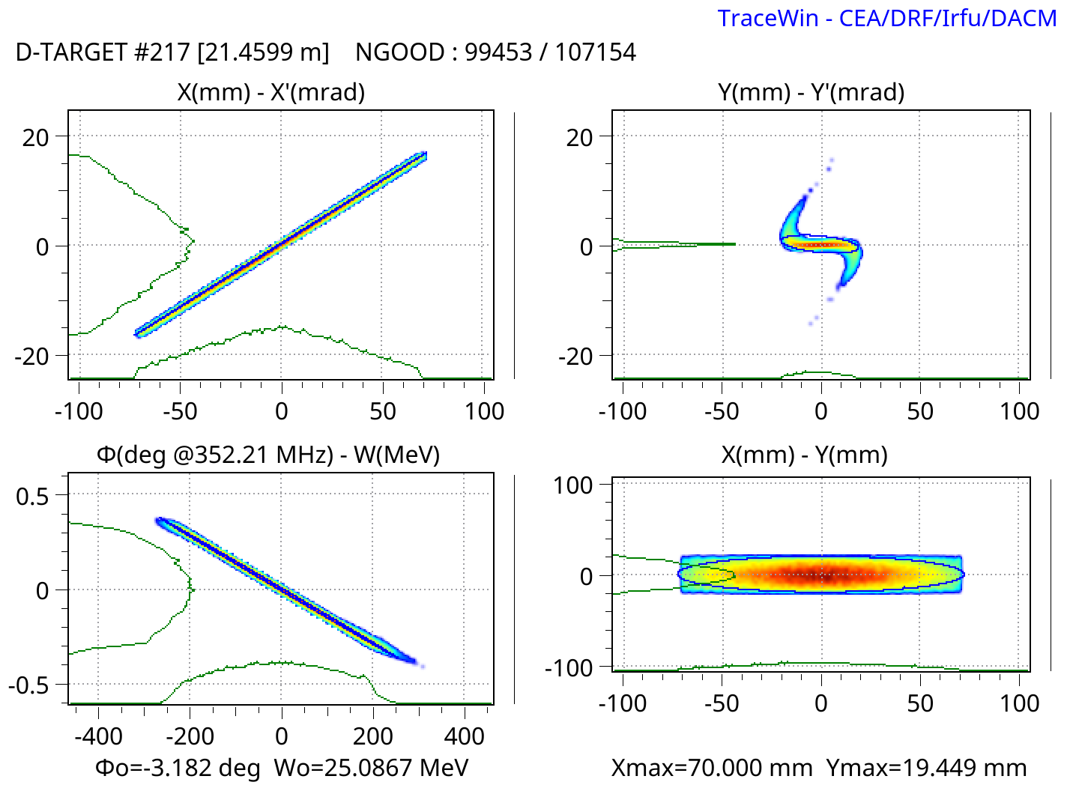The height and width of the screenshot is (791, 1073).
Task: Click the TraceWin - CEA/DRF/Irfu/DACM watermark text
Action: click(886, 18)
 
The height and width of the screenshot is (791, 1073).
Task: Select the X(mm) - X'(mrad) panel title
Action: click(271, 92)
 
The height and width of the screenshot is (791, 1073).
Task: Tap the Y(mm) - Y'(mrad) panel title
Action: click(811, 92)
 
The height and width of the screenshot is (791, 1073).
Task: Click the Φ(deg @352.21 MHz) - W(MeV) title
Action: click(268, 455)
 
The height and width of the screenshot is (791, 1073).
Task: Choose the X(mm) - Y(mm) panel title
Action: click(804, 455)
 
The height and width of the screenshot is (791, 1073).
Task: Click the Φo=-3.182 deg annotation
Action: click(178, 767)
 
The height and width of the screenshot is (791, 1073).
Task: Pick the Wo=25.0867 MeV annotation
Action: click(371, 767)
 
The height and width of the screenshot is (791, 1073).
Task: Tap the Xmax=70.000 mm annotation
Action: click(712, 767)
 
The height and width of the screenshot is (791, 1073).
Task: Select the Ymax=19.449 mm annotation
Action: click(926, 767)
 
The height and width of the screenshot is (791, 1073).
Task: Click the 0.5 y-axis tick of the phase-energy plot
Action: click(32, 496)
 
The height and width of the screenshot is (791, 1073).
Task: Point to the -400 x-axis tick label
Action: click(98, 736)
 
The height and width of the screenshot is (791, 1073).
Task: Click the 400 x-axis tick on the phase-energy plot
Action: click(464, 736)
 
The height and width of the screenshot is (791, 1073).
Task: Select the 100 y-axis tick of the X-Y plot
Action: click(572, 485)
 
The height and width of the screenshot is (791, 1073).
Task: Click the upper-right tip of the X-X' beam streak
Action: click(423, 155)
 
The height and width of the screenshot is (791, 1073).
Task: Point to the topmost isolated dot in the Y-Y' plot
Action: click(832, 160)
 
